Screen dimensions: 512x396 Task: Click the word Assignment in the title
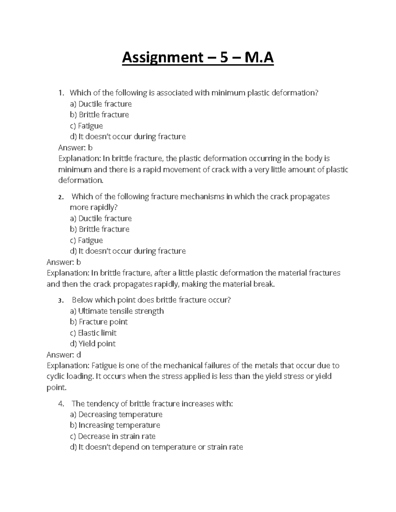point(162,58)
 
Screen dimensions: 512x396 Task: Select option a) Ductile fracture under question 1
point(101,104)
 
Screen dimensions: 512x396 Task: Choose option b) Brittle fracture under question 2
point(99,229)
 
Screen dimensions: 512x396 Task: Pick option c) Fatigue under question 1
point(86,126)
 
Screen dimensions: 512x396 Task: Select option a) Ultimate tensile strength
point(117,311)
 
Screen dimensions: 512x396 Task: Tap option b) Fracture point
point(99,322)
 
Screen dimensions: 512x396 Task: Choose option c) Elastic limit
point(93,333)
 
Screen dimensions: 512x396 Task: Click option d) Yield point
point(92,344)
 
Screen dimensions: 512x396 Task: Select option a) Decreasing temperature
point(116,414)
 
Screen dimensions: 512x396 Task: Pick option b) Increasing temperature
point(115,425)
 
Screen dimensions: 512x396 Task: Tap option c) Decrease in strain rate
point(113,436)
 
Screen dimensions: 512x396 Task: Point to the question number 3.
point(60,300)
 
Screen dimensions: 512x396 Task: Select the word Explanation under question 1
point(79,159)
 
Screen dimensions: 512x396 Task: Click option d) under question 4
point(156,447)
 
